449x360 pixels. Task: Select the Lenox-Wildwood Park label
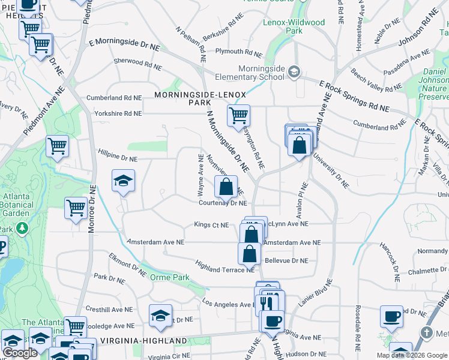click(294, 26)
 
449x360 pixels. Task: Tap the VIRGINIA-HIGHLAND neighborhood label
click(143, 341)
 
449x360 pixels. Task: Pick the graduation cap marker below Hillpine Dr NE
click(123, 180)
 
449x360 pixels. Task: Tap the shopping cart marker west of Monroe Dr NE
click(76, 208)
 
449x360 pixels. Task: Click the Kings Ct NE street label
click(211, 225)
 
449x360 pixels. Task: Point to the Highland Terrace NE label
click(225, 266)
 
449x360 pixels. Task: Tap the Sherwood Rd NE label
click(137, 62)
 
